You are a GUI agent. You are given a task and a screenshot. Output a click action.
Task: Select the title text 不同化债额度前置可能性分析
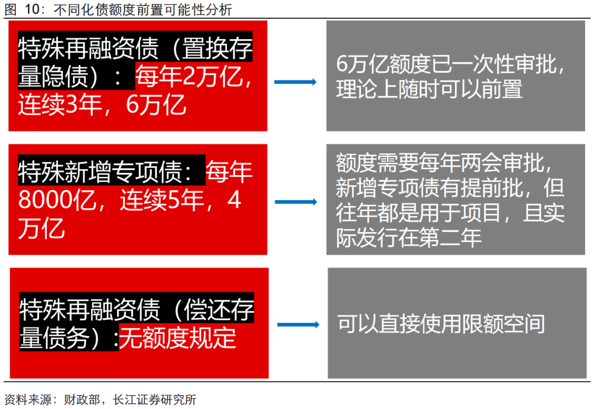[x=142, y=9]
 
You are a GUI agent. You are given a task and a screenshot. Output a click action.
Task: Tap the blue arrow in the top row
[x=295, y=82]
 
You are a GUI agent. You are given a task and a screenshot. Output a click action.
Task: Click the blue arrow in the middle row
[x=296, y=202]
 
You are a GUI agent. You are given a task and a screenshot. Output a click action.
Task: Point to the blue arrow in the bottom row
[x=298, y=325]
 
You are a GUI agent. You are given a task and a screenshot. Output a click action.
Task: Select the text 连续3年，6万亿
[x=102, y=105]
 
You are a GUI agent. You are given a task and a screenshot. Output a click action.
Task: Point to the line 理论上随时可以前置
[x=429, y=89]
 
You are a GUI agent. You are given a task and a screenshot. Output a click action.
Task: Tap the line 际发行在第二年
[x=409, y=237]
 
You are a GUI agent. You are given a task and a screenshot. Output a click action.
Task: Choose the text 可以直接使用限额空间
[x=441, y=324]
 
